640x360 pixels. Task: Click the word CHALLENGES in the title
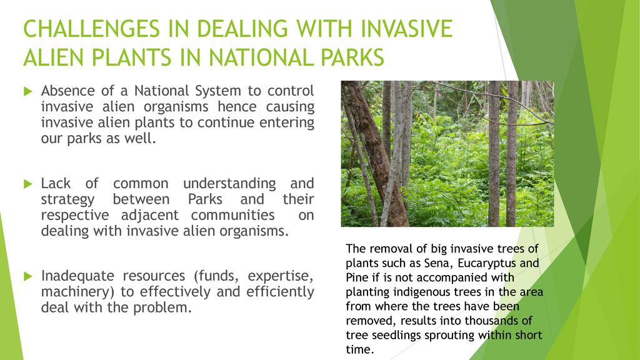[91, 29]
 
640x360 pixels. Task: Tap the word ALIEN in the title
[53, 57]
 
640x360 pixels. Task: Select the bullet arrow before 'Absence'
[27, 91]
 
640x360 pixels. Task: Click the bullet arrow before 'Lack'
[27, 184]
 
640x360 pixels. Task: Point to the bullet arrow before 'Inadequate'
[27, 276]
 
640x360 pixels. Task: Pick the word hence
[237, 106]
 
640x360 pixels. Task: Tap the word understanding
[229, 184]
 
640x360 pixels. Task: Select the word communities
[232, 215]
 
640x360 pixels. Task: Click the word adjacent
[150, 216]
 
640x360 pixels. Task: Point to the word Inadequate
[76, 276]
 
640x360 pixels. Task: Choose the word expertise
[281, 276]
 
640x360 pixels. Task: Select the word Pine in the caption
[356, 277]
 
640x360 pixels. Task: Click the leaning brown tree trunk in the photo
[376, 155]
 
